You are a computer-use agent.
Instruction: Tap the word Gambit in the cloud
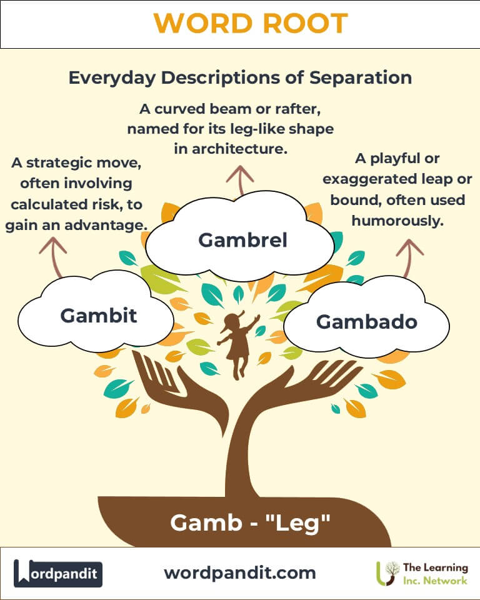[99, 315]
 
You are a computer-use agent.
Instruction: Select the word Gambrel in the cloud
[243, 239]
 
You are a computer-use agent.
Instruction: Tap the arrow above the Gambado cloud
[409, 256]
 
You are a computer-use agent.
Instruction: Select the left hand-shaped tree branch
[156, 375]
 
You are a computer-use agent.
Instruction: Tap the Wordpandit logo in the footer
[58, 573]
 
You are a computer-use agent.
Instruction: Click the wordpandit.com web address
[240, 572]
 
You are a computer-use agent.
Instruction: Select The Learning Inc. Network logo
[422, 573]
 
